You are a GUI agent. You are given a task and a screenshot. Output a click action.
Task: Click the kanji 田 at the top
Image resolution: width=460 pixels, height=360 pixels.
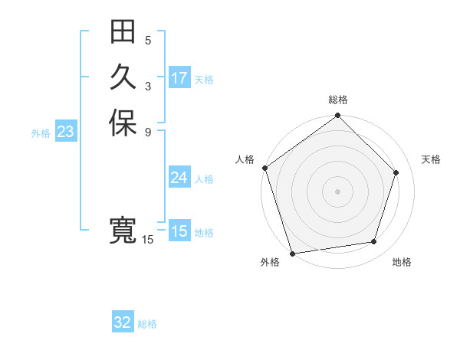click(123, 32)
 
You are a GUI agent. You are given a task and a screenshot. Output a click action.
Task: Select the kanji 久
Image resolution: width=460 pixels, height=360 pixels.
click(123, 77)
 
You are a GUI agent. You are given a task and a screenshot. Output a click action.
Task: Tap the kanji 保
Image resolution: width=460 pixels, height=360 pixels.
click(123, 123)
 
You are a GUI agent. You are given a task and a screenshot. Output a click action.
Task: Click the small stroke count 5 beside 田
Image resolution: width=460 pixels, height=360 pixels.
click(148, 40)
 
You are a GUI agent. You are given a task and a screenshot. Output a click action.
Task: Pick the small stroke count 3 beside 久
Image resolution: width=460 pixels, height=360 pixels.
click(148, 86)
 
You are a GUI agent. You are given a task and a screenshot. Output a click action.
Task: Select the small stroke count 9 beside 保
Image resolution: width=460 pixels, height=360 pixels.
click(148, 131)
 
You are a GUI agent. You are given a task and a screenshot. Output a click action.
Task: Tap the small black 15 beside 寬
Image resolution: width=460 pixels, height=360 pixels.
click(148, 240)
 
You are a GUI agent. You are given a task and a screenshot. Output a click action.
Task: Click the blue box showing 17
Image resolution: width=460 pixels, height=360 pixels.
click(179, 78)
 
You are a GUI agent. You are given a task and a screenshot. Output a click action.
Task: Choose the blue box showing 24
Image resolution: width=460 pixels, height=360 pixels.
click(179, 178)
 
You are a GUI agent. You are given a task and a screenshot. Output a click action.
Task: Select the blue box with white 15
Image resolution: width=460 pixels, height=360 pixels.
click(179, 231)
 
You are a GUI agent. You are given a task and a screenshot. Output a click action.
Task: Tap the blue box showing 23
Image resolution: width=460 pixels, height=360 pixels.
click(66, 133)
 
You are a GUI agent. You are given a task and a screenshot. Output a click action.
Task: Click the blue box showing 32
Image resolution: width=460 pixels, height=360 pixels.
click(123, 322)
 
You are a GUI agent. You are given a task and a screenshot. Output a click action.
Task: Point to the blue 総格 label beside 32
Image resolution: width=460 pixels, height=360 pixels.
click(147, 324)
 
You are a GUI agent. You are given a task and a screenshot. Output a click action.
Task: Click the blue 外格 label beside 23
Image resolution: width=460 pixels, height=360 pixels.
click(41, 133)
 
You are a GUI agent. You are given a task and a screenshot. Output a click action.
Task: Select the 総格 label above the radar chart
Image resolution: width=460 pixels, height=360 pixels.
click(338, 100)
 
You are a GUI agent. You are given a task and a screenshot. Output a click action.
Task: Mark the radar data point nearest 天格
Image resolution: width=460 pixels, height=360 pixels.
click(396, 172)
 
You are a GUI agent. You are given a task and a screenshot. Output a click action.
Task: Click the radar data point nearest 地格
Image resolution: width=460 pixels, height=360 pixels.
click(374, 242)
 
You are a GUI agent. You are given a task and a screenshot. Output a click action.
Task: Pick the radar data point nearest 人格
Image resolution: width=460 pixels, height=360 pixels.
click(265, 168)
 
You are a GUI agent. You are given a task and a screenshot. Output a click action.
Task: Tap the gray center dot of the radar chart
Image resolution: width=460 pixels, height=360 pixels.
click(338, 191)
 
